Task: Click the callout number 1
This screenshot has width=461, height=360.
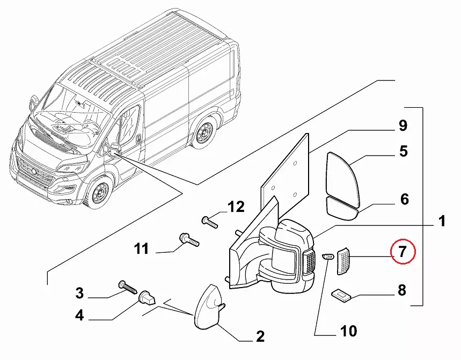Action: coord(441,221)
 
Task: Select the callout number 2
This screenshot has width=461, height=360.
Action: coord(260,337)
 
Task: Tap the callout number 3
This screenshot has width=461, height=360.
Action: coord(79,293)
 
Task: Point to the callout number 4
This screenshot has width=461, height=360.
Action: coord(79,315)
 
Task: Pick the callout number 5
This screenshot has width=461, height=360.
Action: coord(404,152)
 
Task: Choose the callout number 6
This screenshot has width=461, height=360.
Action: coord(405,200)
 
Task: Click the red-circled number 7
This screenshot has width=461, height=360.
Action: coord(403,251)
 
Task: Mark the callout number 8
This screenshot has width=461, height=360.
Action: coord(401,291)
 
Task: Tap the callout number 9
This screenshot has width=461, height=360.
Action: coord(403,127)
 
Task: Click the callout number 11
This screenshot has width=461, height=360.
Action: coord(141,249)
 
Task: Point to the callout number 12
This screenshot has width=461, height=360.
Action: coord(236,207)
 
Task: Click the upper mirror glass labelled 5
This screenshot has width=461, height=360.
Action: coord(343,177)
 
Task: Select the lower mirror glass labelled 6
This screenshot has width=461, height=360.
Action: coord(342,208)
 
